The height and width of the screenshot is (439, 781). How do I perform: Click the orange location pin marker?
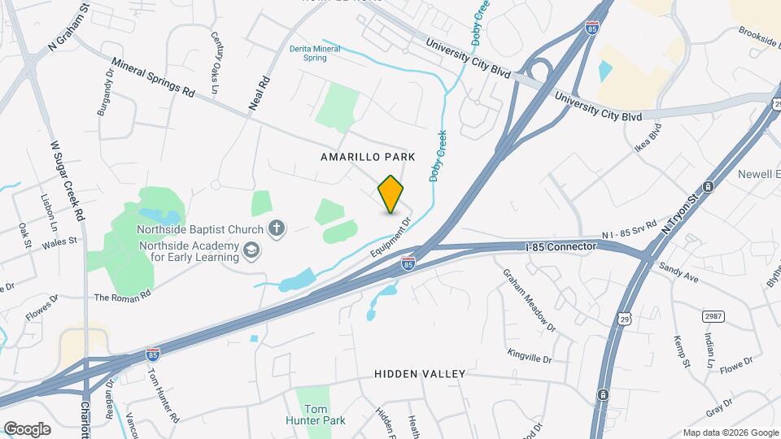click(x=391, y=194)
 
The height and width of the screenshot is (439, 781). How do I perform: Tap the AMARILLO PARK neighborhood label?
click(x=368, y=156)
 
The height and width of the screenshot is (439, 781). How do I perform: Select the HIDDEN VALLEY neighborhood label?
click(x=420, y=374)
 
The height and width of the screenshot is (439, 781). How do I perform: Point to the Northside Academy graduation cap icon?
click(x=251, y=250)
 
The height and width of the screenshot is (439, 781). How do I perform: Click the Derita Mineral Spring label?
click(x=315, y=53)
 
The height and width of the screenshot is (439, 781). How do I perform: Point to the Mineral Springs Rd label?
click(x=154, y=78)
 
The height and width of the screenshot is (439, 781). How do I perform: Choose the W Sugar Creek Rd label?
click(x=68, y=180)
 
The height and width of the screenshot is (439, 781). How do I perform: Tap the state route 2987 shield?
click(x=712, y=314)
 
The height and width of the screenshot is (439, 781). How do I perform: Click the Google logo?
click(x=27, y=428)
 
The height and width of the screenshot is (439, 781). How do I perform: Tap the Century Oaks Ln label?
click(x=216, y=50)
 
